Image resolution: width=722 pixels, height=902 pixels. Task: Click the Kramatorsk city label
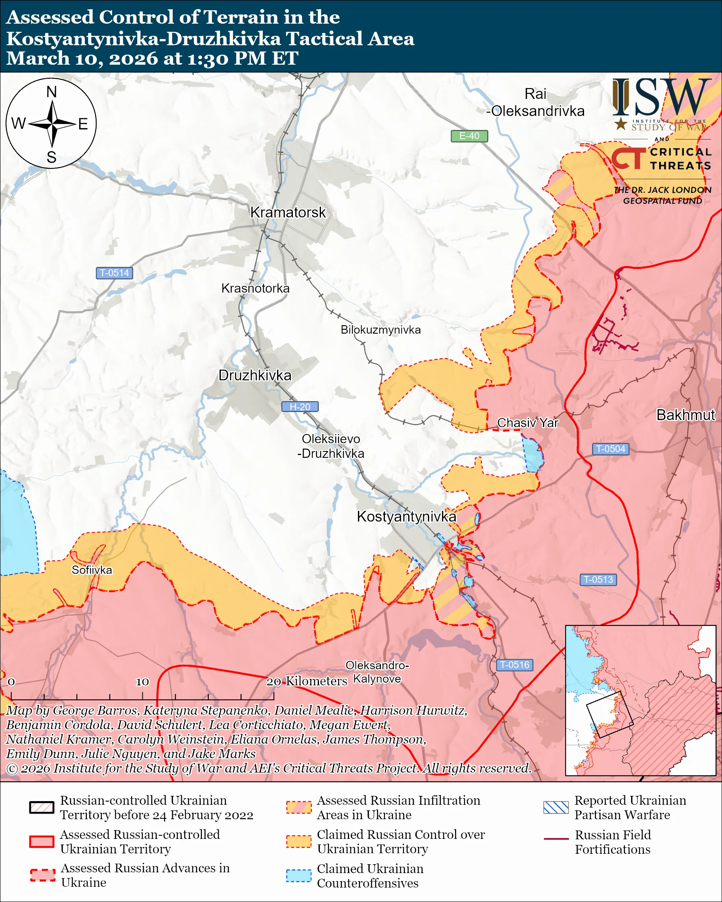[x=288, y=213]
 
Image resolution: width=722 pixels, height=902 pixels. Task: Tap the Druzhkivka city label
[x=255, y=375]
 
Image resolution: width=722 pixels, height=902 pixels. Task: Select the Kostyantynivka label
[x=406, y=517]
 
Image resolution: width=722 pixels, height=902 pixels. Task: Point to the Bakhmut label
[x=685, y=415]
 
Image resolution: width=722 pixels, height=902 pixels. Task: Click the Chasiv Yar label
[x=527, y=423]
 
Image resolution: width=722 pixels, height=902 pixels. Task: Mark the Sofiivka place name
[x=92, y=570]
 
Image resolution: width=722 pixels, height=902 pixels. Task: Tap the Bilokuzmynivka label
[x=381, y=330]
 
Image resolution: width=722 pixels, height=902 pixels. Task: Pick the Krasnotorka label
[x=255, y=288]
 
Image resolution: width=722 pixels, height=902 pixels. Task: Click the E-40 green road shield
[x=469, y=136]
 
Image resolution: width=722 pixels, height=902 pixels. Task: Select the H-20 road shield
[x=300, y=407]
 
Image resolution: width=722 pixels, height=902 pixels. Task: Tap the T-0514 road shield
[x=114, y=273]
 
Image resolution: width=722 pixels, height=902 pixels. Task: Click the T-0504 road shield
[x=610, y=449]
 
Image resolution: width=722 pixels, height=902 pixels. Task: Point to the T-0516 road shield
[x=514, y=665]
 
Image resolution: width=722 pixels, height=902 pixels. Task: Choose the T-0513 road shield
[x=598, y=580]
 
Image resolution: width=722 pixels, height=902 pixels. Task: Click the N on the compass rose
[x=51, y=92]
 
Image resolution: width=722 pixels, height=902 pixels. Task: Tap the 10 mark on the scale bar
[x=142, y=681]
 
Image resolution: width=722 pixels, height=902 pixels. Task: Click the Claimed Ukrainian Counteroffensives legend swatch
[x=298, y=875]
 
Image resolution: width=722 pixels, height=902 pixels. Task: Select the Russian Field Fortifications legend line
[x=556, y=839]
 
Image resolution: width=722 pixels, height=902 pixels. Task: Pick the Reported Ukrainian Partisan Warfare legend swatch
[x=556, y=808]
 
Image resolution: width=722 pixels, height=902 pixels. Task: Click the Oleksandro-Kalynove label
[x=377, y=672]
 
